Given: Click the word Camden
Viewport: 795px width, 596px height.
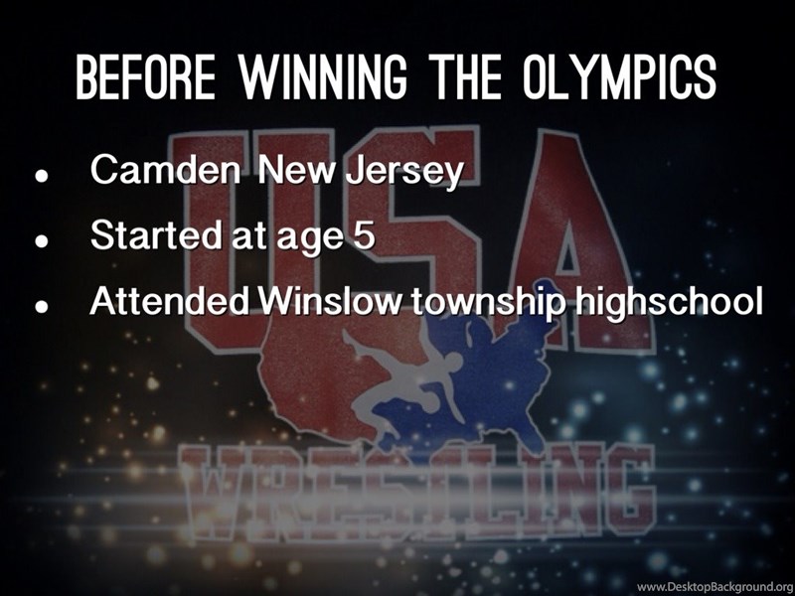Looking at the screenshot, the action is pos(166,169).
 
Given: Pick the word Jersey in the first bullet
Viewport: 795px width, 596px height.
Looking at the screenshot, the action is pos(405,171).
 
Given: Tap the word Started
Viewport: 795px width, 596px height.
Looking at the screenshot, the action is pos(156,234).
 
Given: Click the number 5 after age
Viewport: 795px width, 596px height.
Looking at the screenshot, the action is pos(364,234).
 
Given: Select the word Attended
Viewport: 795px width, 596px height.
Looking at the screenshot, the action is pos(169,301).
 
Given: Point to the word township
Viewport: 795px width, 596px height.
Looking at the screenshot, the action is pos(487,303).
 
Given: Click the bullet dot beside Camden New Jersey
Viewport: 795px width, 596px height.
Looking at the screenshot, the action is pos(42,176).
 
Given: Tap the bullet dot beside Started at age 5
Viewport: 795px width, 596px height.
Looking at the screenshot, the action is pos(42,241).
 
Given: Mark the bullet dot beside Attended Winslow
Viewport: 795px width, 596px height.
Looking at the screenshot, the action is pos(42,307).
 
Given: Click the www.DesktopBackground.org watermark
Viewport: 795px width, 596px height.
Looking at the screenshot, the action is pos(715,587).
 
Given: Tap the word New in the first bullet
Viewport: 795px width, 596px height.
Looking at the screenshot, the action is pos(296,169).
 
